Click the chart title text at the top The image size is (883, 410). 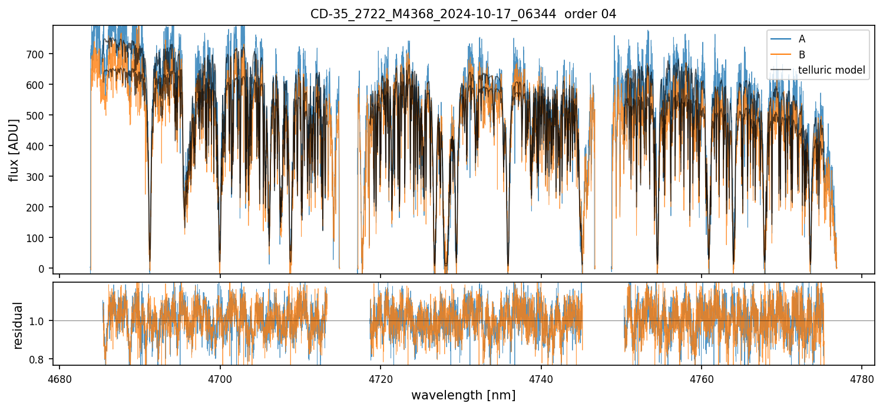[463, 14]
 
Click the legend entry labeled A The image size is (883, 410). [802, 39]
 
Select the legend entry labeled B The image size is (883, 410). [802, 55]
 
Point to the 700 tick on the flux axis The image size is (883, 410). [39, 54]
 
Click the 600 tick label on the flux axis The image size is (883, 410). [39, 85]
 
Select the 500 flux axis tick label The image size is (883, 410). [39, 115]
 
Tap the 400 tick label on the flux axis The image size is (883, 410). [39, 146]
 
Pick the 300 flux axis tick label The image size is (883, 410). [39, 177]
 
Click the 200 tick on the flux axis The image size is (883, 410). [39, 207]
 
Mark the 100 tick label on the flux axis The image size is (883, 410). [39, 238]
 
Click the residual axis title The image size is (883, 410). [18, 325]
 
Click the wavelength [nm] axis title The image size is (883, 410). [463, 395]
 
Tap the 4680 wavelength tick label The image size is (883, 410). [59, 378]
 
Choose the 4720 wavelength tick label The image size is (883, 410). [381, 378]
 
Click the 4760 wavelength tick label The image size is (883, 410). [702, 378]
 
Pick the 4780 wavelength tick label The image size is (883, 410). [862, 378]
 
